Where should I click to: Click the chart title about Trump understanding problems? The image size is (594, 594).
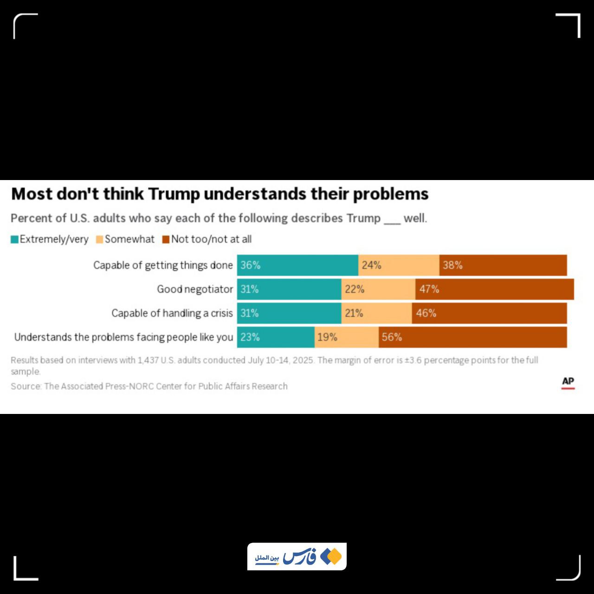click(x=220, y=194)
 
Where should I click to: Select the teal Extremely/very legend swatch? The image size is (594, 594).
click(x=14, y=239)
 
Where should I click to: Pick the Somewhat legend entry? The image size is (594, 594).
click(x=125, y=239)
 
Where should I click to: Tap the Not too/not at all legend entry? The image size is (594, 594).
click(x=207, y=239)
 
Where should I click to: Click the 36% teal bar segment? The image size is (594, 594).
click(x=297, y=265)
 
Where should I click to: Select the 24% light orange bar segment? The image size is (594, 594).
click(x=399, y=265)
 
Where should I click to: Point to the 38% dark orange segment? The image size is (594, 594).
click(x=503, y=265)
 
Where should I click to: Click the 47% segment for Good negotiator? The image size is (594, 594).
click(x=495, y=289)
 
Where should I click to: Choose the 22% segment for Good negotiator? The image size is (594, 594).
click(x=378, y=289)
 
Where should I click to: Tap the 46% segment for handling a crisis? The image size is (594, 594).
click(x=489, y=313)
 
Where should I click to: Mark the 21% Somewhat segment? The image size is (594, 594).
click(x=376, y=313)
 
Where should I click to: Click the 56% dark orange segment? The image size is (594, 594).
click(x=472, y=337)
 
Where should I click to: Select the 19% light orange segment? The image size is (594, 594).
click(x=346, y=337)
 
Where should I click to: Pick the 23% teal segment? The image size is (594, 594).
click(x=276, y=337)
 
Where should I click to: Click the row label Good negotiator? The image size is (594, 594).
click(x=195, y=289)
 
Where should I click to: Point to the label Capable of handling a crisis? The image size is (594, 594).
click(x=172, y=313)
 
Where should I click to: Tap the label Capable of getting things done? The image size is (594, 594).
click(x=163, y=265)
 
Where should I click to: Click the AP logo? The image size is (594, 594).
click(x=568, y=382)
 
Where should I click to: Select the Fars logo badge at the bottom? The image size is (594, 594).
click(x=297, y=556)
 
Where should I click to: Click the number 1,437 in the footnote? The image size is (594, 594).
click(x=148, y=360)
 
